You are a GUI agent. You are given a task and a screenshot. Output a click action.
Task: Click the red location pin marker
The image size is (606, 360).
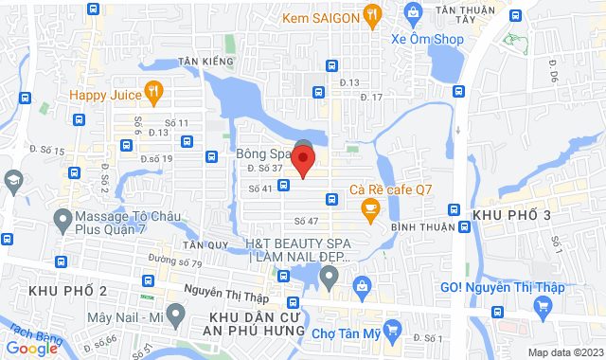(303, 161)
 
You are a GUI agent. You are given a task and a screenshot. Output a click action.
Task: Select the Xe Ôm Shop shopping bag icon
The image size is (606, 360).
(413, 13)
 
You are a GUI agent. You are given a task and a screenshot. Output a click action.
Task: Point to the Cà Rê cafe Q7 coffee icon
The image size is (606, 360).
(370, 211)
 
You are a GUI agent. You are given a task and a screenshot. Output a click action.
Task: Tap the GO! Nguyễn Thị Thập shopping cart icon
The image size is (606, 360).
(542, 305)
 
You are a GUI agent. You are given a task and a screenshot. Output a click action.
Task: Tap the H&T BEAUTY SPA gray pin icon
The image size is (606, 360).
(329, 277)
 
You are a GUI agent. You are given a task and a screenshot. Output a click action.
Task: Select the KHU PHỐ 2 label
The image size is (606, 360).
(68, 289)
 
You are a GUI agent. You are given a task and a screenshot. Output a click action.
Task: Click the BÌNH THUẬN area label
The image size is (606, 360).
(418, 227)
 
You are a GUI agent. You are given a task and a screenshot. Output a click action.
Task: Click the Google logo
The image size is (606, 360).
(34, 348)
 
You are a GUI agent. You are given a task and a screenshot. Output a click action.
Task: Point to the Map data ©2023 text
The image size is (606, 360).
(564, 352)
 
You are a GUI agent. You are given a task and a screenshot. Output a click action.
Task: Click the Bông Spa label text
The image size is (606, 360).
(262, 153)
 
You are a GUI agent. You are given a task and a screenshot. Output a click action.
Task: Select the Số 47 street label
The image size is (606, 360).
(305, 221)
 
